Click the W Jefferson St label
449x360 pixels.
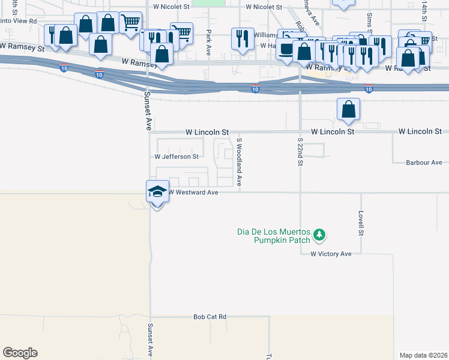[x=176, y=157]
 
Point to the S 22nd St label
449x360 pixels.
[x=301, y=151]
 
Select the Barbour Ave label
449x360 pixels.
[x=424, y=163]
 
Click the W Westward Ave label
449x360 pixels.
[x=193, y=193]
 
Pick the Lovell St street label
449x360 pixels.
[x=361, y=223]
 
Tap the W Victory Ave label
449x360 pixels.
[x=331, y=254]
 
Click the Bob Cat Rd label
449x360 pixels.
[x=209, y=316]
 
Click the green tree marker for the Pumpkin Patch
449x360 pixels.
[x=320, y=235]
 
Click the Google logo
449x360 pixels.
[x=20, y=353]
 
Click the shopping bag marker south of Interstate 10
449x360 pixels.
[x=348, y=110]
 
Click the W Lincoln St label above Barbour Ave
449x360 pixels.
[x=420, y=131]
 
